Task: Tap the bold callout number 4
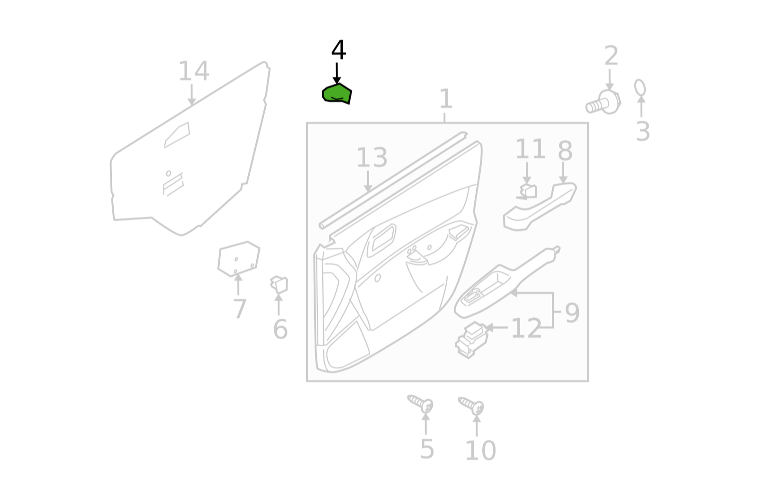click(338, 50)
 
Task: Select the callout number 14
click(194, 71)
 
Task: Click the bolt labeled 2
click(604, 102)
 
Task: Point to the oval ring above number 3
click(640, 88)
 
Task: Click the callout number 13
click(372, 157)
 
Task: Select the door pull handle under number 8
click(540, 207)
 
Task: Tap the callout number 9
click(572, 313)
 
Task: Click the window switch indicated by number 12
click(471, 340)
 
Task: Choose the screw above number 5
click(421, 403)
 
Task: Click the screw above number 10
click(471, 406)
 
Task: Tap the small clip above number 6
click(279, 284)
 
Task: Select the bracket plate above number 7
click(239, 259)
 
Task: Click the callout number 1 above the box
click(446, 99)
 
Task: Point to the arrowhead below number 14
click(191, 101)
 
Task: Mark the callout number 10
click(480, 450)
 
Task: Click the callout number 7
click(240, 308)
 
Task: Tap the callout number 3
click(642, 131)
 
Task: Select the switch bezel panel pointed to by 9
click(506, 283)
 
